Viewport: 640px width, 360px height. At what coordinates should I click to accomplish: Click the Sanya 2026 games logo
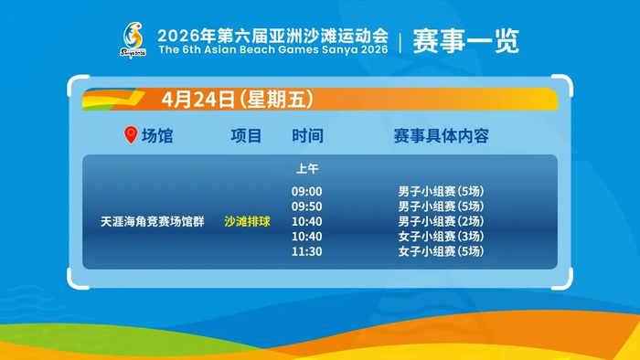pyautogui.click(x=133, y=40)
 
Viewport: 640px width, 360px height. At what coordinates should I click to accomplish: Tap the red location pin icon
pyautogui.click(x=131, y=134)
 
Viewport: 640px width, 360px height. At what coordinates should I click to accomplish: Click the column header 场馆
pyautogui.click(x=157, y=136)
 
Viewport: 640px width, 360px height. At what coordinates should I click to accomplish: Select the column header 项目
pyautogui.click(x=246, y=136)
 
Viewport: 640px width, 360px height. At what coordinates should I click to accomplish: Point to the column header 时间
pyautogui.click(x=307, y=136)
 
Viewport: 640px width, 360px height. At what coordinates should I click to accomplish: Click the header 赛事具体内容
pyautogui.click(x=442, y=136)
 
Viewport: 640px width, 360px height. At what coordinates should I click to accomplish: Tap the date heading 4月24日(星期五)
pyautogui.click(x=238, y=99)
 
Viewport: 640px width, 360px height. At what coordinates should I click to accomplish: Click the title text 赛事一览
pyautogui.click(x=465, y=41)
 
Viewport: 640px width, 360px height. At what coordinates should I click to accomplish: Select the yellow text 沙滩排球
pyautogui.click(x=248, y=221)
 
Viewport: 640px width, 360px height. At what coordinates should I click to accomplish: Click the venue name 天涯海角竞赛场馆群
pyautogui.click(x=153, y=221)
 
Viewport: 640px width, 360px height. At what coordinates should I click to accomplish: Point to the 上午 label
pyautogui.click(x=307, y=168)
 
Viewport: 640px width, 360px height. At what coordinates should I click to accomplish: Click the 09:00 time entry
pyautogui.click(x=307, y=191)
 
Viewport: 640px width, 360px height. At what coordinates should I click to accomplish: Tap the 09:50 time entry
pyautogui.click(x=307, y=206)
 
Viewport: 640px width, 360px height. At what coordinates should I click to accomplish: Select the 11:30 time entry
pyautogui.click(x=307, y=251)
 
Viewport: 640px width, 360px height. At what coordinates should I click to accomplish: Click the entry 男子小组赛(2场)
pyautogui.click(x=442, y=221)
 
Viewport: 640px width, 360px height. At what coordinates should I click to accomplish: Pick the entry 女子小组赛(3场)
pyautogui.click(x=442, y=236)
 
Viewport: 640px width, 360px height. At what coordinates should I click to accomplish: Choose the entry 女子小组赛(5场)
pyautogui.click(x=442, y=251)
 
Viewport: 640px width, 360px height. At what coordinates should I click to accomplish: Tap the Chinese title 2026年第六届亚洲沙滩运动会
pyautogui.click(x=272, y=36)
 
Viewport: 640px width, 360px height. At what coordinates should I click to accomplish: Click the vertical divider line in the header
pyautogui.click(x=400, y=42)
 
